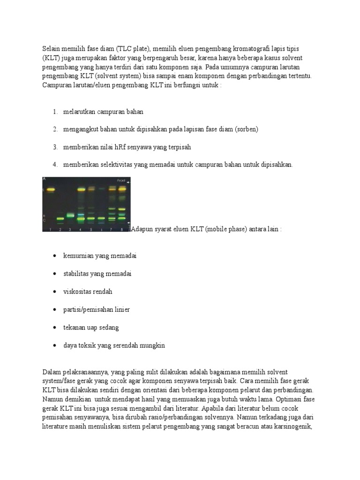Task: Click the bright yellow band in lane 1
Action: point(50,190)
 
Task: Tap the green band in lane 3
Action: point(70,216)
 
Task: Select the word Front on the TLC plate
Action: point(121,180)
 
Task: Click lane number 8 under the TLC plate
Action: point(122,229)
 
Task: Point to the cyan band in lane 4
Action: point(81,215)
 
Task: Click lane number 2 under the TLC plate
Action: point(60,229)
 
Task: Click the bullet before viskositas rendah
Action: point(54,292)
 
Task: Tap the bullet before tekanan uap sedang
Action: point(54,328)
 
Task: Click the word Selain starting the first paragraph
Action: point(51,49)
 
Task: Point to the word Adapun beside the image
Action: point(142,229)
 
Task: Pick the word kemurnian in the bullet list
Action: point(78,255)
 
